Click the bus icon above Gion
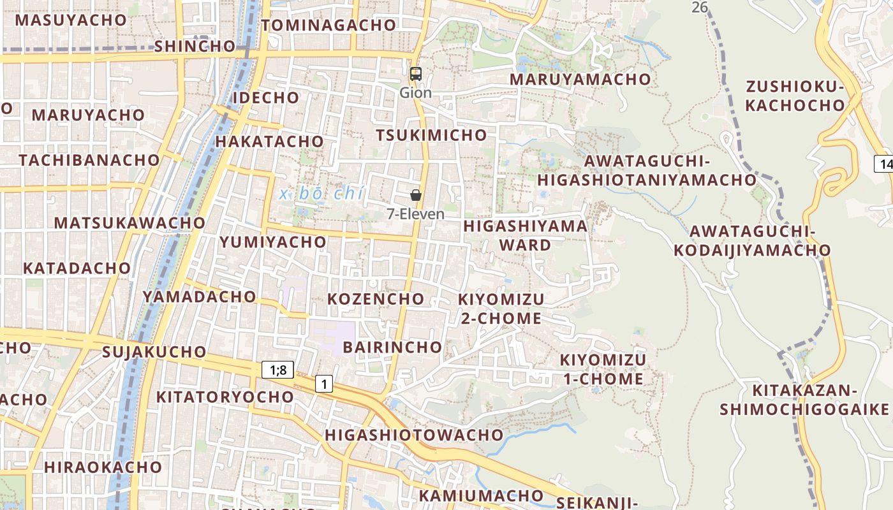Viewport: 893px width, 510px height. click(x=416, y=74)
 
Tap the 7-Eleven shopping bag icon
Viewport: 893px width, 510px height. click(x=416, y=195)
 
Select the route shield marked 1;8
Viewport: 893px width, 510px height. click(x=277, y=370)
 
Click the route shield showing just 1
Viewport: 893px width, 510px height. click(x=324, y=384)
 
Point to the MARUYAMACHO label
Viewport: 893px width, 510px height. click(x=580, y=80)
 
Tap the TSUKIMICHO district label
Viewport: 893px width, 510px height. click(x=431, y=135)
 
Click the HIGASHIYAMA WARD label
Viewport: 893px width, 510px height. click(x=525, y=235)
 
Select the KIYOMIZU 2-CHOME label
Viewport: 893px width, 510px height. click(x=501, y=309)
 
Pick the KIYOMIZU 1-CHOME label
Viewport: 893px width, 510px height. click(x=602, y=369)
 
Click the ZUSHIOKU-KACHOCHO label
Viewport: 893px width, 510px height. click(x=795, y=96)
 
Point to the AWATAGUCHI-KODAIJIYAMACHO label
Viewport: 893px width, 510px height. click(x=752, y=240)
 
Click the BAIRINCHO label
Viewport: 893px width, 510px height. click(x=392, y=347)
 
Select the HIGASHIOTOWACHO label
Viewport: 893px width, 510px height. click(x=414, y=435)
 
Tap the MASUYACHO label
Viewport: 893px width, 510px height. click(x=71, y=20)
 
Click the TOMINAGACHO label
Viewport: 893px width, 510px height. click(x=328, y=25)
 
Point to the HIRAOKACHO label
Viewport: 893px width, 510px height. click(x=103, y=467)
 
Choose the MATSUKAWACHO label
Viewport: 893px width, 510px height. click(x=129, y=223)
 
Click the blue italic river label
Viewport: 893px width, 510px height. click(x=321, y=194)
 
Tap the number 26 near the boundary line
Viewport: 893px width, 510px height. click(x=700, y=7)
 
